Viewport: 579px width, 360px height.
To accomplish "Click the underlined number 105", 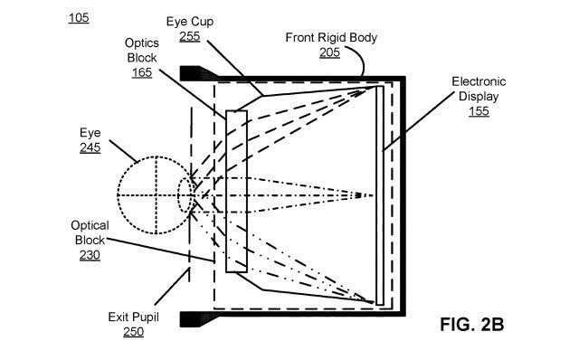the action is coord(79,18).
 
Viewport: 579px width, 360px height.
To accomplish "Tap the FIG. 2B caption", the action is coord(472,325).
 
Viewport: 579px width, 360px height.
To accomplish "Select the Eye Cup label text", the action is coord(190,22).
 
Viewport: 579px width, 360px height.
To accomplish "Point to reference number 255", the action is coord(190,36).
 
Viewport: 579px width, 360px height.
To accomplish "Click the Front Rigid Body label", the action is coord(331,38).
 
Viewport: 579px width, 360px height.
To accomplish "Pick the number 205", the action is coord(329,52).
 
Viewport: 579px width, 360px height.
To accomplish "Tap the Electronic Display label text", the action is coord(479,89).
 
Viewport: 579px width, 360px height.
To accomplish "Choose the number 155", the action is coord(479,111).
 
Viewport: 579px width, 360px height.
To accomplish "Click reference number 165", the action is coord(142,72).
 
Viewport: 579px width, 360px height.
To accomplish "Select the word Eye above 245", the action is coord(90,133).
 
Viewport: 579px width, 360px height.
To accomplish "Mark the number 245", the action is coord(90,147).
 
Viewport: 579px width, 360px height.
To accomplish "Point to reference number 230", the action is coord(90,255).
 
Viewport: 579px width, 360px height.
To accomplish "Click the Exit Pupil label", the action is coord(133,317).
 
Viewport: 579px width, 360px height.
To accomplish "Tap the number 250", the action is coord(133,332).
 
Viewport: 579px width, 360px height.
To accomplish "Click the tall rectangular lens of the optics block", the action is coord(236,191).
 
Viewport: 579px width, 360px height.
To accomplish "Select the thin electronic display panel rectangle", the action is coord(380,195).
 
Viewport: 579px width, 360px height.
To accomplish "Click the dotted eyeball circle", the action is coord(118,195).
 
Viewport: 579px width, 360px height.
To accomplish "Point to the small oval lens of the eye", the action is coord(178,195).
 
